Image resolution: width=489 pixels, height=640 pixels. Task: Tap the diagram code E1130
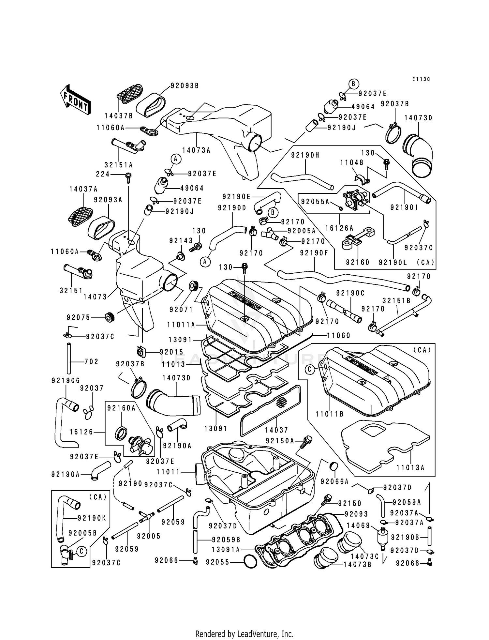point(421,79)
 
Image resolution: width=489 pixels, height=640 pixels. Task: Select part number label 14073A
point(196,150)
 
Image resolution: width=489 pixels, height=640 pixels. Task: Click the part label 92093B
point(185,86)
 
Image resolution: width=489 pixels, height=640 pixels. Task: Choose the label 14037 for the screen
point(276,430)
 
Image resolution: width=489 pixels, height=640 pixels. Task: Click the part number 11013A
point(410,467)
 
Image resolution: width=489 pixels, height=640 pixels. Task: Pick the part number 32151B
point(396,300)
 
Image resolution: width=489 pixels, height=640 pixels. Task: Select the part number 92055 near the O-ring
point(218,562)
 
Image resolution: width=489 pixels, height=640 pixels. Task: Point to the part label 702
point(91,361)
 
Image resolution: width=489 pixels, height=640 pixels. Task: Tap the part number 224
point(103,174)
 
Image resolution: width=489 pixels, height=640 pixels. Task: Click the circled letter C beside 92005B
point(81,551)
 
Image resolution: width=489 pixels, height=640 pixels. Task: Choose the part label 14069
point(358,526)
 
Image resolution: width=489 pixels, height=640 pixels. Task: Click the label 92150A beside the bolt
point(280,441)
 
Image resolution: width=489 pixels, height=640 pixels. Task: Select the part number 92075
point(79,317)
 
